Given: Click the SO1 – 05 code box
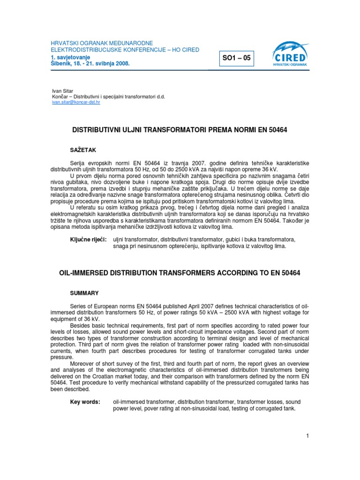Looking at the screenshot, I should [238, 59].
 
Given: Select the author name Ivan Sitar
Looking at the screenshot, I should [62, 90].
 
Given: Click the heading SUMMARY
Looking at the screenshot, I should [84, 293].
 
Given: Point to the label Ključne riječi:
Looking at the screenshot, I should [88, 240].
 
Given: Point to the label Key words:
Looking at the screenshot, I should [85, 402].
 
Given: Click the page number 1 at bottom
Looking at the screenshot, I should [307, 436].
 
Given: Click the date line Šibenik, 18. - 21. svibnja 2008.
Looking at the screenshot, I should [90, 62].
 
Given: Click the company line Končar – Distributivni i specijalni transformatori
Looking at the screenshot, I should [108, 96].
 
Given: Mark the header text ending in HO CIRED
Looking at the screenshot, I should [125, 50].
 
